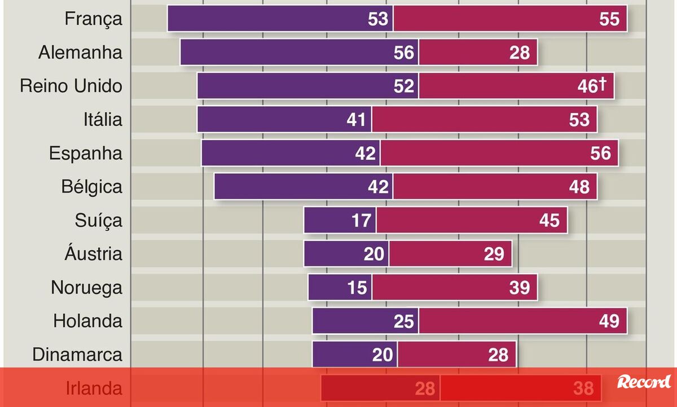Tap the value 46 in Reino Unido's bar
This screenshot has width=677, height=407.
click(x=588, y=86)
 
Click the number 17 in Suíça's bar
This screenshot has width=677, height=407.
click(x=361, y=220)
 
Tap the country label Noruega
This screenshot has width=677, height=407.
click(x=86, y=287)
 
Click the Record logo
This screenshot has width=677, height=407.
click(x=644, y=382)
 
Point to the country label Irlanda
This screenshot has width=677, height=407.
click(x=94, y=388)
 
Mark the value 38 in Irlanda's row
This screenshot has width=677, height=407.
click(x=583, y=388)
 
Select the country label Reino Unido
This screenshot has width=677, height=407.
click(x=71, y=86)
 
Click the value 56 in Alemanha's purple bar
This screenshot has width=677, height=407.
click(x=405, y=52)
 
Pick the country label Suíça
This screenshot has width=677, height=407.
click(x=98, y=220)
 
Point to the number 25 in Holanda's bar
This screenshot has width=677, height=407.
click(x=405, y=321)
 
